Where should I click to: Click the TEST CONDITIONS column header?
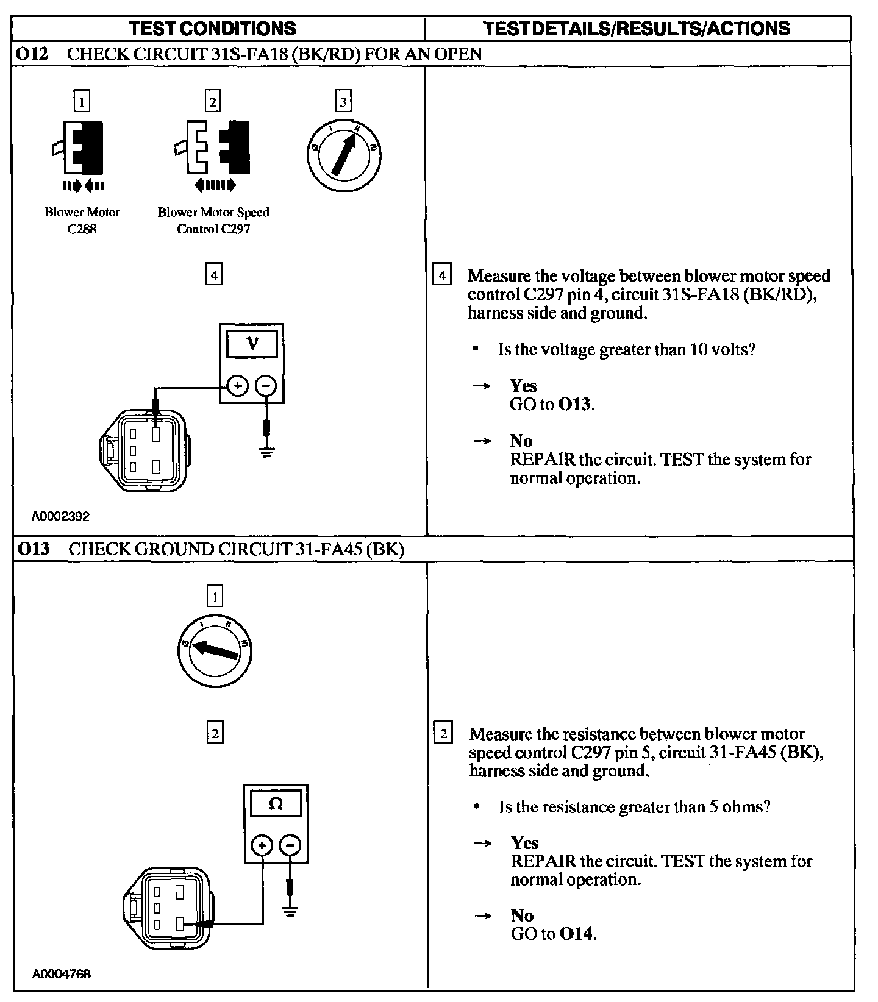(213, 28)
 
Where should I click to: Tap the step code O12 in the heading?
(32, 54)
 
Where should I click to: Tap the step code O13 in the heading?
(33, 549)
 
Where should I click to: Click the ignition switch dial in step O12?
(343, 154)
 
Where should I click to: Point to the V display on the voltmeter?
(252, 344)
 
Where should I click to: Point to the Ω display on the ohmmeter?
(276, 804)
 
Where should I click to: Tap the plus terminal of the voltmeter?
(238, 385)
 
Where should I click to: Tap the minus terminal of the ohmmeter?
(290, 845)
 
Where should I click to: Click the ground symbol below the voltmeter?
(266, 452)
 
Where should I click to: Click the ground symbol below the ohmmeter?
(290, 912)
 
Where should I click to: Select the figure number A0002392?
(61, 516)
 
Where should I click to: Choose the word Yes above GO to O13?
(523, 386)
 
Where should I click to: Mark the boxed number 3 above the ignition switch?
(343, 101)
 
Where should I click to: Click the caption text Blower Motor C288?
(82, 221)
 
